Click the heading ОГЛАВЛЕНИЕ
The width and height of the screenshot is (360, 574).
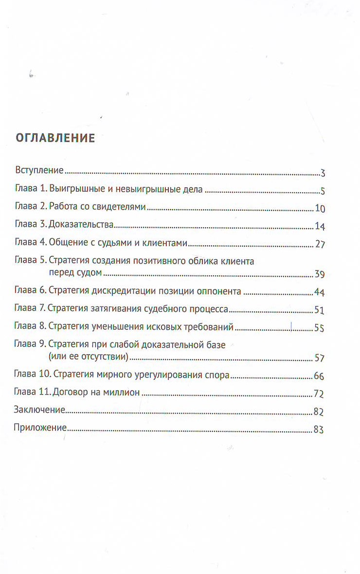coord(55,138)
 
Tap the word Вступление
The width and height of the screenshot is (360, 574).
coord(40,170)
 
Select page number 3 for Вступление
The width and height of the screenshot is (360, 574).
coord(323,173)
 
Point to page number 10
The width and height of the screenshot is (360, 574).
coord(320,209)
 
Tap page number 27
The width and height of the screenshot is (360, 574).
coord(320,245)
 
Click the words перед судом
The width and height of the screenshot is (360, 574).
coord(74,272)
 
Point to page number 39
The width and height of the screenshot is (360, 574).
coord(320,274)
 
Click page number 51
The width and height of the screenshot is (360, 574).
coord(320,310)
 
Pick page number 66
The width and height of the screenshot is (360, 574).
coord(319,377)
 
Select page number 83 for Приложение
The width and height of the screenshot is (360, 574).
coord(319,430)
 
